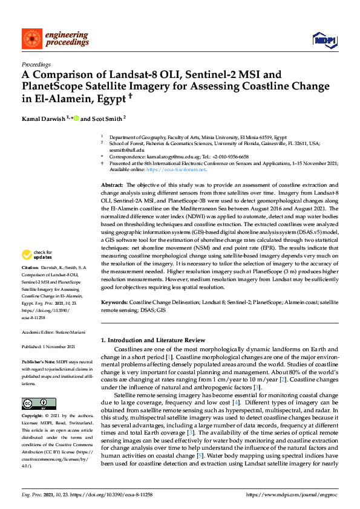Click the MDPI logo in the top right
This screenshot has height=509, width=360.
tap(324, 40)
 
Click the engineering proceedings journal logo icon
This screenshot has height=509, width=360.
tap(31, 39)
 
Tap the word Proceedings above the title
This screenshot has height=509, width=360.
tap(36, 63)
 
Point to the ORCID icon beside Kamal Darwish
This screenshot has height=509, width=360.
tap(76, 118)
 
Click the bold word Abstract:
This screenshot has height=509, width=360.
tap(112, 184)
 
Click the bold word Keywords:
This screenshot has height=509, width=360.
tap(114, 301)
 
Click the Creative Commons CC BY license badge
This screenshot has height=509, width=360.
tap(39, 404)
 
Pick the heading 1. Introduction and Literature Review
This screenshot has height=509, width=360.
tap(153, 341)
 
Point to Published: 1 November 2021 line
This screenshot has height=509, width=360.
tap(48, 347)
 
